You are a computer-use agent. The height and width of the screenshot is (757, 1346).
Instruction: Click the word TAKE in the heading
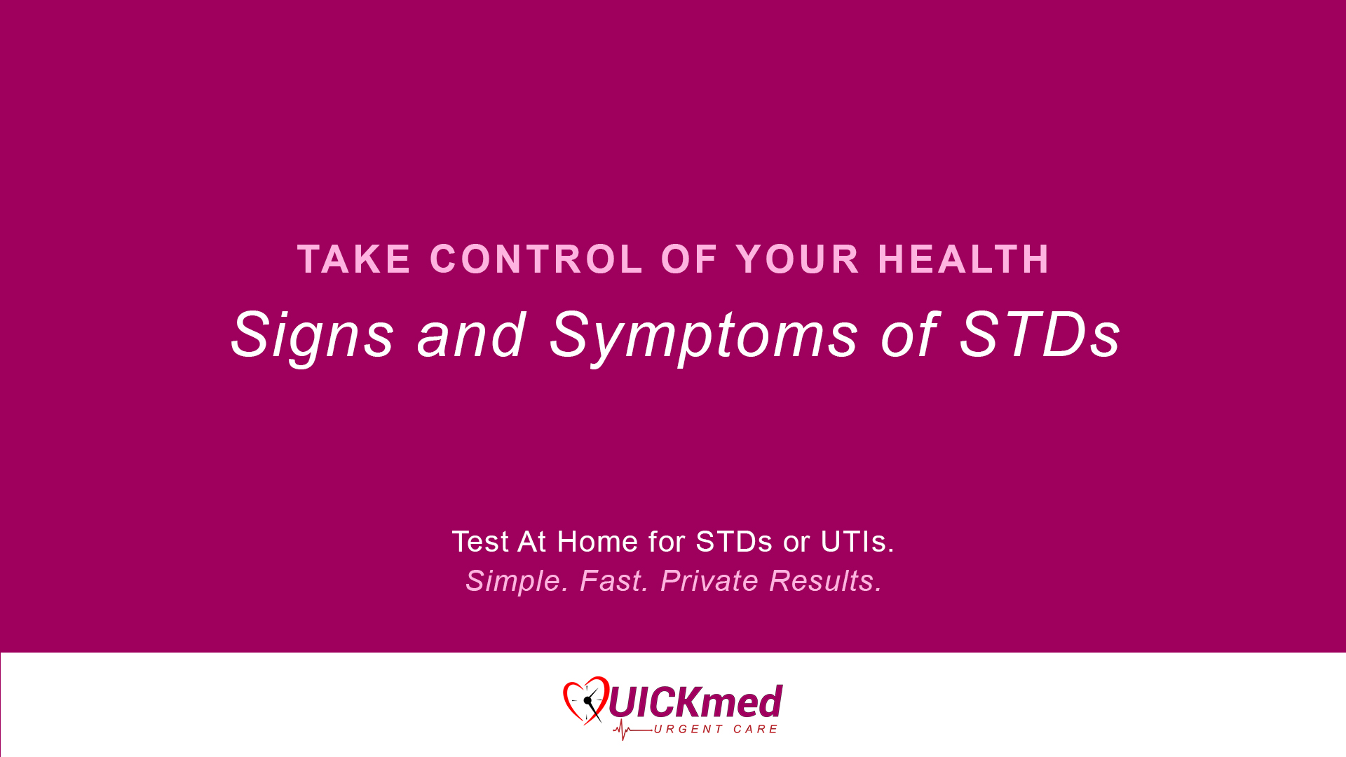coord(353,259)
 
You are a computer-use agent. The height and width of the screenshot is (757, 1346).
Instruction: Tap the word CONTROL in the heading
coord(536,259)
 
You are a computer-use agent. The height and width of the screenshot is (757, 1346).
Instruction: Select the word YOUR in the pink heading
coord(797,259)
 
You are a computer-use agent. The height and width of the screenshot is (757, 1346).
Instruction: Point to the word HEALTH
coord(964,259)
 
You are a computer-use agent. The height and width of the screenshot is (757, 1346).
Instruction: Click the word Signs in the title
coord(312,336)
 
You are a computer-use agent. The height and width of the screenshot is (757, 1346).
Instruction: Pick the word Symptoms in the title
coord(703,336)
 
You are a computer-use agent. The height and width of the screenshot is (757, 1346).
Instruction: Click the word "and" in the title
coord(471,334)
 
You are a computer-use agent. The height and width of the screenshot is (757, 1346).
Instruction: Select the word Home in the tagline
coord(597,542)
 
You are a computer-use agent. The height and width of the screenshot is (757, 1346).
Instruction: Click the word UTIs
coord(857,542)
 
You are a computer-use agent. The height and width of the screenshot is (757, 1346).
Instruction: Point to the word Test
coord(480,542)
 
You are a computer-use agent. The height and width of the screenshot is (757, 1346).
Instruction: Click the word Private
coord(709,581)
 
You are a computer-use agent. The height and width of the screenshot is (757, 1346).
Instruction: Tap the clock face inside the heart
coord(588,701)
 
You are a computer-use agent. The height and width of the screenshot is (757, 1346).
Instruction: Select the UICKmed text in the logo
coord(695,702)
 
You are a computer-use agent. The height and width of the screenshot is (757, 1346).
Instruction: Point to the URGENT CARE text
coord(716,730)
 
